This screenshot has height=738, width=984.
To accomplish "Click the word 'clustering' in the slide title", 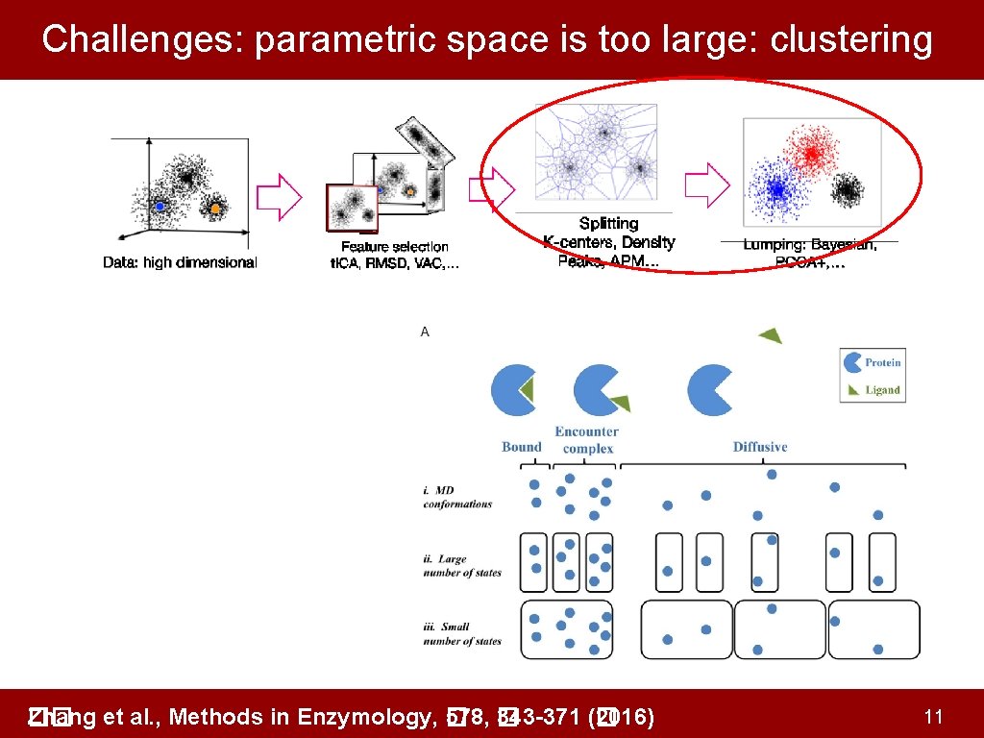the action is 851,39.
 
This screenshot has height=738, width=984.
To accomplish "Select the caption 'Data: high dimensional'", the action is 180,262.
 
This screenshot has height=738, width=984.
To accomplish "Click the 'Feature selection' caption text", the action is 394,247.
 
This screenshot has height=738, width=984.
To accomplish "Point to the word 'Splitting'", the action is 608,224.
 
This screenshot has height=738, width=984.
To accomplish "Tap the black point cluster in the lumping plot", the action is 847,191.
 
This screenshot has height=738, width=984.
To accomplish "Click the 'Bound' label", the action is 522,447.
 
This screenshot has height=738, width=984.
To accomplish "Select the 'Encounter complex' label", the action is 587,440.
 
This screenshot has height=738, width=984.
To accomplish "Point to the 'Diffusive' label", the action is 760,447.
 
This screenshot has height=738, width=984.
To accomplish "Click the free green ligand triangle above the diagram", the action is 770,334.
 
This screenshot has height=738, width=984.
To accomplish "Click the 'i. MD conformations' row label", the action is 457,498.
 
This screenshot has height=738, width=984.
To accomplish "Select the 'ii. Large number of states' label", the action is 462,566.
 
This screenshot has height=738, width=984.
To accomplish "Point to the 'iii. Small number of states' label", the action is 462,634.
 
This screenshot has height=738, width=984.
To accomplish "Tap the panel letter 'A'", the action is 425,332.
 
